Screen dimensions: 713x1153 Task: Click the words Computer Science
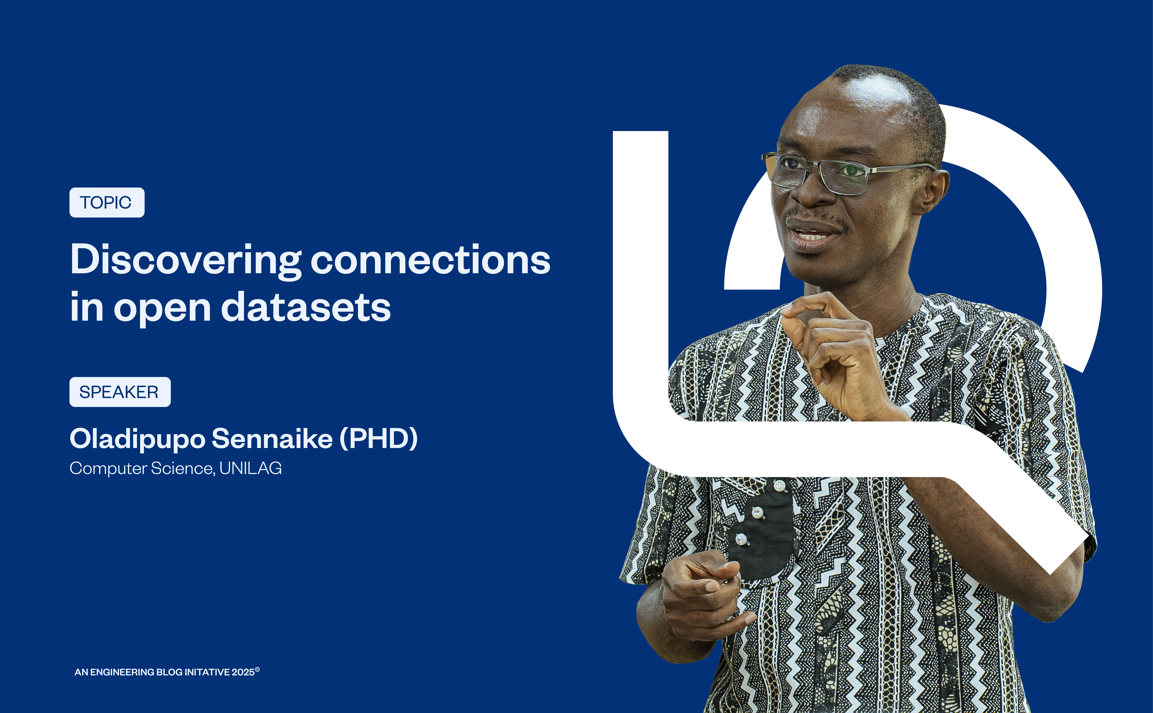tap(141, 468)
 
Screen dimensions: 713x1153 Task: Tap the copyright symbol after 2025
tap(257, 669)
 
